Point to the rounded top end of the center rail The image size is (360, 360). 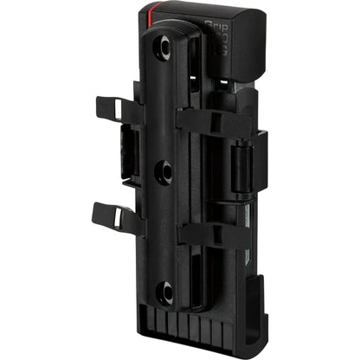(x=164, y=33)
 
